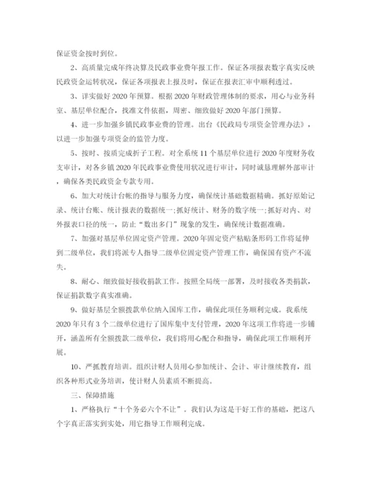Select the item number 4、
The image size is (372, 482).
click(x=74, y=124)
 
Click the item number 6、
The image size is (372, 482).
click(x=74, y=195)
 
